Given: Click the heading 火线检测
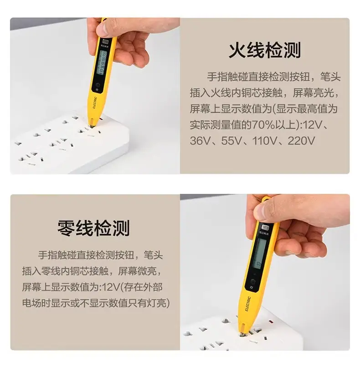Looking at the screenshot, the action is (265, 50).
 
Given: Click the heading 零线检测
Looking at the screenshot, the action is (93, 228).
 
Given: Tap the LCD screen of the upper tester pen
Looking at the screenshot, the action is (102, 62).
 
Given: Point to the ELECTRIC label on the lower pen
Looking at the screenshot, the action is (248, 304).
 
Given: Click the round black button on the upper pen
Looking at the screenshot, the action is (98, 85).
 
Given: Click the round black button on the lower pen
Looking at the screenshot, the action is (252, 281).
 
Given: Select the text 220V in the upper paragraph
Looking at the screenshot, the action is (301, 141).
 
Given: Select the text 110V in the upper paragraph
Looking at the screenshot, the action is (265, 141).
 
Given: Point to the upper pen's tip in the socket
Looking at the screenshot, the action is (92, 125).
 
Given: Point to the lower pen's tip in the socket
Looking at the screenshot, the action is (242, 331).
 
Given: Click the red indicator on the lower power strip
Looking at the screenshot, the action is (271, 322).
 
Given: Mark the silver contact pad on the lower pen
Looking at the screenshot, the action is (265, 227).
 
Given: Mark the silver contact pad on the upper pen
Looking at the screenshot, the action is (105, 42).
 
